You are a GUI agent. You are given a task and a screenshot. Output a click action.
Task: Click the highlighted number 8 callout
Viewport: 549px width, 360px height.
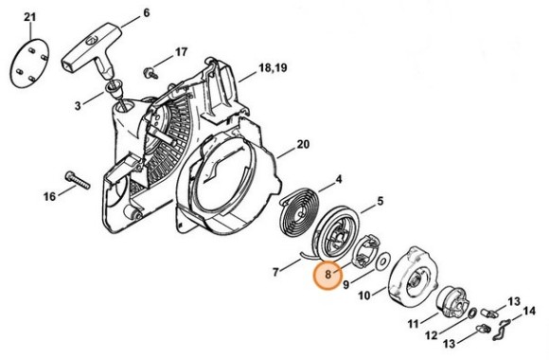click(328, 275)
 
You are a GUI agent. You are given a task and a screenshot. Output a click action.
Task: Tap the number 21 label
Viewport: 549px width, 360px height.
click(30, 17)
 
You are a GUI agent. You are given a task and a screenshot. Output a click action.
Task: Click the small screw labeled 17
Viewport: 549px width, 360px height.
click(151, 73)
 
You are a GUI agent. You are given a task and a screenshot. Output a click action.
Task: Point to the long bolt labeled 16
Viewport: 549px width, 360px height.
click(78, 180)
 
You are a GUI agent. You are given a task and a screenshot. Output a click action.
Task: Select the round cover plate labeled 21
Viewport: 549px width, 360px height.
click(30, 63)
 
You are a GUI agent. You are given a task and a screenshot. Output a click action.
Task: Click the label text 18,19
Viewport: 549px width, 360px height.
click(273, 67)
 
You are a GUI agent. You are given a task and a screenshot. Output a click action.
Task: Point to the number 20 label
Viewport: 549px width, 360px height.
click(303, 144)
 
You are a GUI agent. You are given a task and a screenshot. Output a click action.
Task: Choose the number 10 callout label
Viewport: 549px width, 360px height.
click(364, 296)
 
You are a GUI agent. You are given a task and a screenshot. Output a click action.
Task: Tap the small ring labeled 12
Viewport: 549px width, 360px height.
click(472, 313)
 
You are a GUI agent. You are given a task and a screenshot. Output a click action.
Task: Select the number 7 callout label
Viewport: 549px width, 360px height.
click(275, 272)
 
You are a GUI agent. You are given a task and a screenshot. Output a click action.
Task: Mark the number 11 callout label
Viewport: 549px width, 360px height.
click(413, 324)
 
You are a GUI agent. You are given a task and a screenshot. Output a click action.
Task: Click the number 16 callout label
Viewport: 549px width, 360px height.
click(49, 196)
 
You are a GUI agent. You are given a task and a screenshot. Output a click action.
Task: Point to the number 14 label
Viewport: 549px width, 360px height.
click(529, 311)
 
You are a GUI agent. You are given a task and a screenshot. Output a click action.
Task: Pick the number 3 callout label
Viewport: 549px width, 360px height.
click(78, 105)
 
